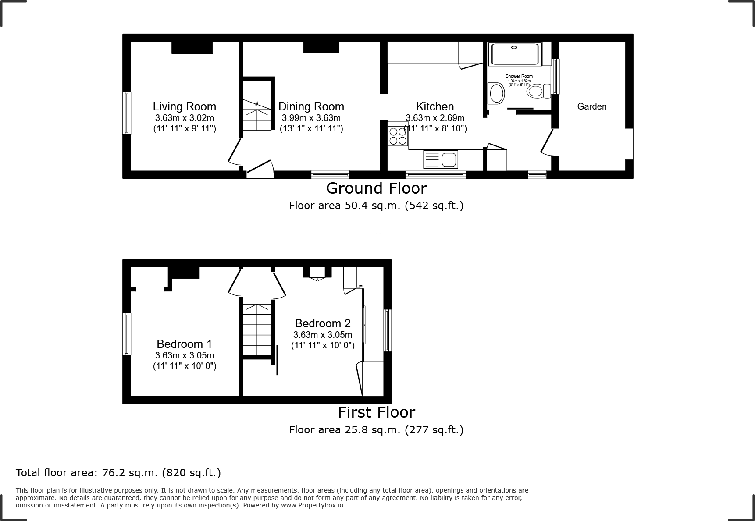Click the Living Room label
click(x=184, y=106)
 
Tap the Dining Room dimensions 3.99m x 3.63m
click(x=311, y=118)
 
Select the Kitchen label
click(x=434, y=106)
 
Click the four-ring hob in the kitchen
click(x=398, y=135)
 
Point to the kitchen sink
click(x=441, y=159)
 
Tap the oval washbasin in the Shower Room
click(x=497, y=93)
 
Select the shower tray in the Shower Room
click(x=515, y=54)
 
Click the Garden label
click(x=591, y=106)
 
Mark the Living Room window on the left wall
click(x=127, y=113)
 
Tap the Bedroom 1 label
click(x=184, y=344)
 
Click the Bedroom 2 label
click(x=323, y=323)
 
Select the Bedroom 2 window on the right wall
click(x=388, y=330)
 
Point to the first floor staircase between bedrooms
click(x=257, y=330)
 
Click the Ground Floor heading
click(x=376, y=188)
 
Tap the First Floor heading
click(x=376, y=412)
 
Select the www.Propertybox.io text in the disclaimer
click(x=312, y=505)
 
